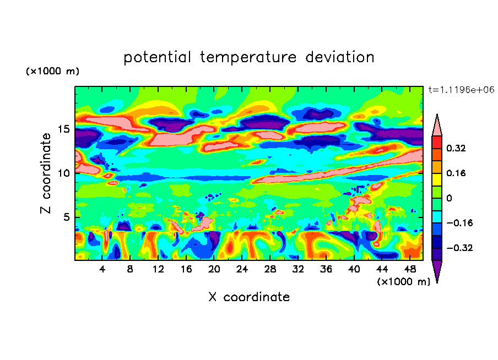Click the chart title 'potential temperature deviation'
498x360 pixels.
248,57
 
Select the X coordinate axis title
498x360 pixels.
248,297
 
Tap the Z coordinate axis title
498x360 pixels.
46,173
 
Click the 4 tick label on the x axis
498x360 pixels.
102,269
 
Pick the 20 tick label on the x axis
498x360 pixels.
214,269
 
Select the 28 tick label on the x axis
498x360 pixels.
270,269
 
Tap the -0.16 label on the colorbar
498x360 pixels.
459,223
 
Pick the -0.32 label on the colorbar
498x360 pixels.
459,248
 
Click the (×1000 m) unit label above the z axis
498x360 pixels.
52,72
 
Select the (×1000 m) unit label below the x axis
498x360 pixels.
403,281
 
